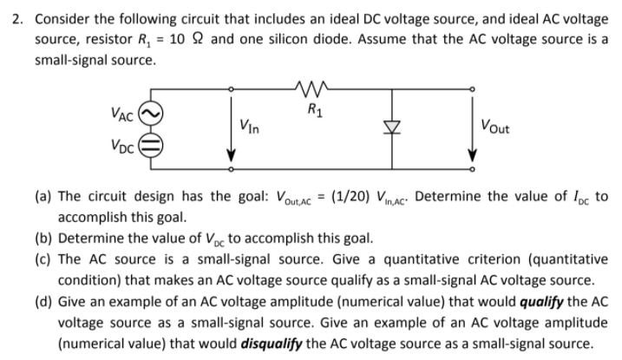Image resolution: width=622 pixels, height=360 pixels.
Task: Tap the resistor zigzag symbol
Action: tap(309, 87)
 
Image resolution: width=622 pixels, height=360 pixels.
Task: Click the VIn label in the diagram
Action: tap(251, 125)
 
